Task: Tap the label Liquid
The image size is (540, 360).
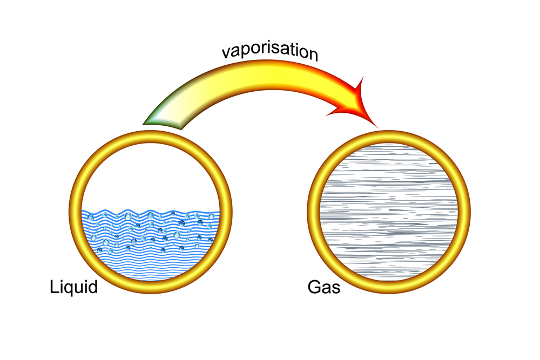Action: point(73,287)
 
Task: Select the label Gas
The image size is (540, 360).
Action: point(324,287)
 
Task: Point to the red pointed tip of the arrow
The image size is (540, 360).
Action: point(376,126)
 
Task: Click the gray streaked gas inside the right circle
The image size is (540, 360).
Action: point(395,210)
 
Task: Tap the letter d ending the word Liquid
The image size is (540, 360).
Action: point(93,287)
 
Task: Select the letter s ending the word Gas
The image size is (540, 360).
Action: point(336,288)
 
